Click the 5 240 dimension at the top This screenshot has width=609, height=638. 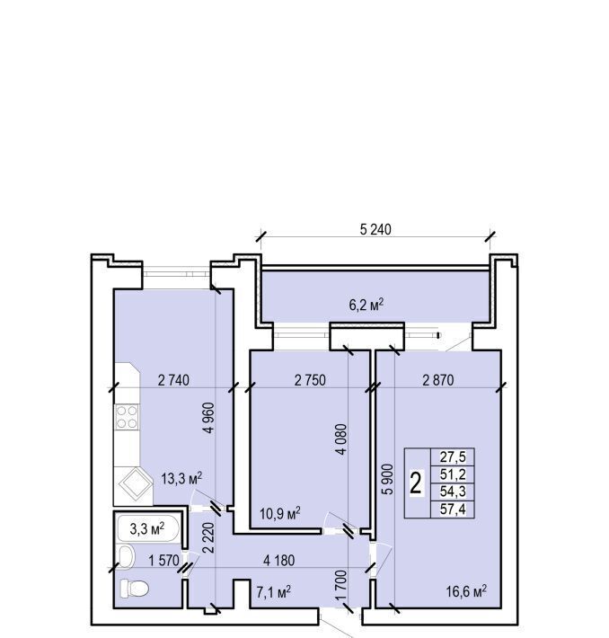[x=375, y=229]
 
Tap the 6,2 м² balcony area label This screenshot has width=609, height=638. [x=366, y=305]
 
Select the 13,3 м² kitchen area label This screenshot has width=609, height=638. [x=181, y=478]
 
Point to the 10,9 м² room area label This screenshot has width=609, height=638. [x=280, y=513]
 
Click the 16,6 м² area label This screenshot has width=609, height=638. [x=466, y=591]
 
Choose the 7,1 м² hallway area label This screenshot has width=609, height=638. [x=273, y=591]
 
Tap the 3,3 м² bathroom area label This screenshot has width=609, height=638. [x=146, y=529]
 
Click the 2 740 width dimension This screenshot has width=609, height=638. [x=173, y=380]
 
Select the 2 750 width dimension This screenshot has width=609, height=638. [x=310, y=380]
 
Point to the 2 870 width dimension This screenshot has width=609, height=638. [x=438, y=380]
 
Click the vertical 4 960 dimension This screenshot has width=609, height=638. [x=208, y=418]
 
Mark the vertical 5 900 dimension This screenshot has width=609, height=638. [x=388, y=479]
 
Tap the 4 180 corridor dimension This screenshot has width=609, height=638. [x=278, y=561]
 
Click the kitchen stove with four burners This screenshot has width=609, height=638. [x=127, y=417]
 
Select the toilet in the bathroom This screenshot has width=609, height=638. [x=134, y=589]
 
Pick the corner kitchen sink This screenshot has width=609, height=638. [x=133, y=486]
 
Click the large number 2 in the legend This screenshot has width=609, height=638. [x=415, y=483]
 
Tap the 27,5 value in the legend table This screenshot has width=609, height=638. [x=453, y=457]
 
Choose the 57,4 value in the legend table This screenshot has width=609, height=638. [x=453, y=509]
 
